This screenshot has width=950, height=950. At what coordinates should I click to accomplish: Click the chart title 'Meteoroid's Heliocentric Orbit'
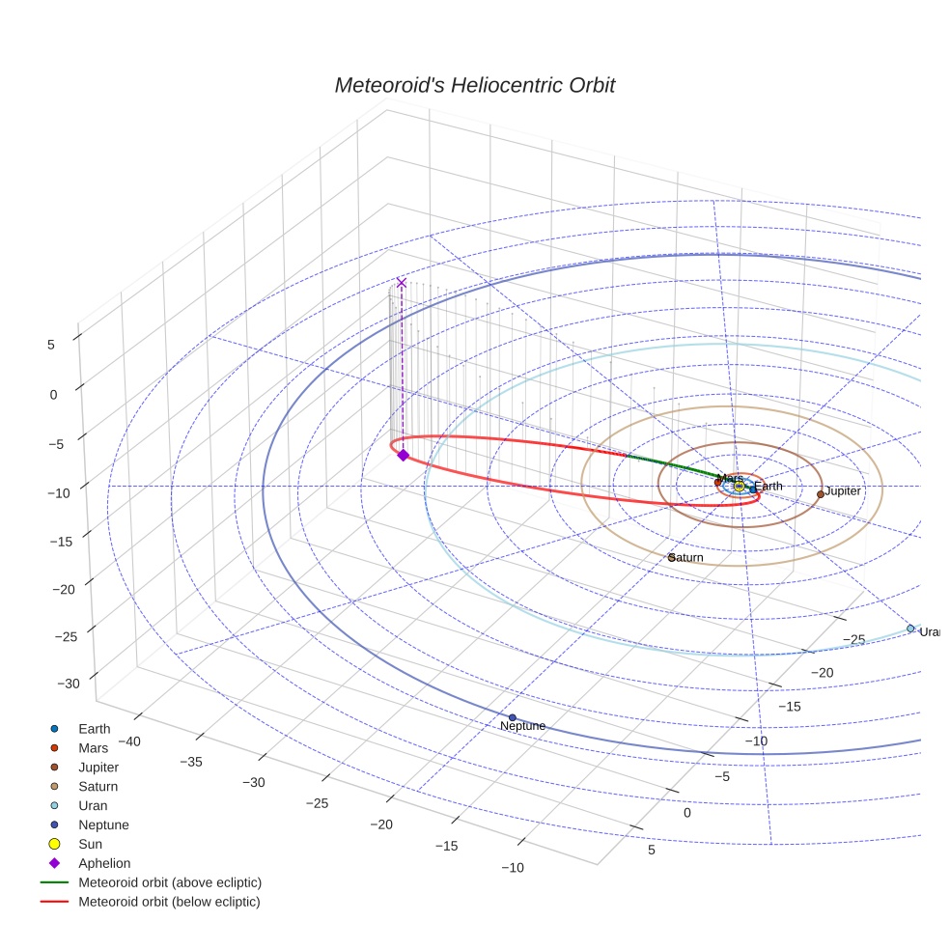(474, 85)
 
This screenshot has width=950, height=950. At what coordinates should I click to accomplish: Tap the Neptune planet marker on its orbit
(512, 717)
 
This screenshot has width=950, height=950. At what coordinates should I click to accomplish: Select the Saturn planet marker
(671, 557)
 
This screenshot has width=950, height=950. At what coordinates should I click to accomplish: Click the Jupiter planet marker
(821, 493)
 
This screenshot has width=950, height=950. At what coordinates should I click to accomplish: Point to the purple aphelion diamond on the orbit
(403, 455)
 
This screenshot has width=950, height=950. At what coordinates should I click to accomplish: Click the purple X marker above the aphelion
(402, 283)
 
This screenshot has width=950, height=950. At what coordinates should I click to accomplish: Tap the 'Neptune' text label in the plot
(523, 727)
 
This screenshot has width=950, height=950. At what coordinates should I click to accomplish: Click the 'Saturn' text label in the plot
(687, 559)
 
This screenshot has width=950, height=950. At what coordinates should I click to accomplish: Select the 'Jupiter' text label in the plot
(843, 492)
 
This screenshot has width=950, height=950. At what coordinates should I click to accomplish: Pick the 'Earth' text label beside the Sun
(769, 487)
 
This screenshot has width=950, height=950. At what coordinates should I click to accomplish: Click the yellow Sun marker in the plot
(739, 486)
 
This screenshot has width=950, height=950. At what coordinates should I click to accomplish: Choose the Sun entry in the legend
(92, 844)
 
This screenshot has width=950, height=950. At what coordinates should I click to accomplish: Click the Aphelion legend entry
(104, 863)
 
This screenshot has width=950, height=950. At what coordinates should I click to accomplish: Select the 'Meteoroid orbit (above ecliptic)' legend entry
(170, 882)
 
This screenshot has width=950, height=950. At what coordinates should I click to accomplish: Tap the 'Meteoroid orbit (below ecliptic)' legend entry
(170, 902)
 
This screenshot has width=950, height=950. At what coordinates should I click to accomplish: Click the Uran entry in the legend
(93, 805)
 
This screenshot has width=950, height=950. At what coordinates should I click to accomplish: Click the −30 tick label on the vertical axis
(70, 684)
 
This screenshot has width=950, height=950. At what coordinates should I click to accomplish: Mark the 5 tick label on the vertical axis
(51, 343)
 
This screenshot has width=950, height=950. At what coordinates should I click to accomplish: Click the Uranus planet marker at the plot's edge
(910, 629)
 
